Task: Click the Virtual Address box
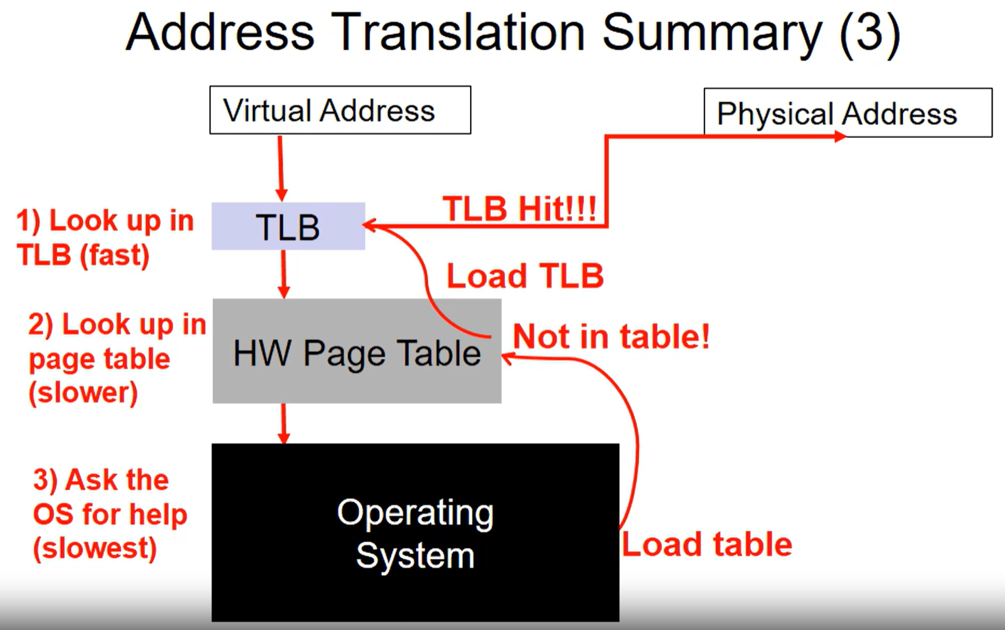340,110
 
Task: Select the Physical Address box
848,112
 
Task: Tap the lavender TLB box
288,226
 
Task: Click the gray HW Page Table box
357,351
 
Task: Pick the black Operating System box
415,532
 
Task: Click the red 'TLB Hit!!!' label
519,208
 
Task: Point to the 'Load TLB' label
525,275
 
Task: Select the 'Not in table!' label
611,336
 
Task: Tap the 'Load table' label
707,545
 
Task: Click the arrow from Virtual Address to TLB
281,169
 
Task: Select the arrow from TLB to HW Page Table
283,274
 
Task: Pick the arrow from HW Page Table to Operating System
283,424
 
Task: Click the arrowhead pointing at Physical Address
840,136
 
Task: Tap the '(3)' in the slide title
870,34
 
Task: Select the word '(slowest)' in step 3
95,549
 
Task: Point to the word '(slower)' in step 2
83,394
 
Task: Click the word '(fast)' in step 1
114,256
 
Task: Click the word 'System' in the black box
415,556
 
